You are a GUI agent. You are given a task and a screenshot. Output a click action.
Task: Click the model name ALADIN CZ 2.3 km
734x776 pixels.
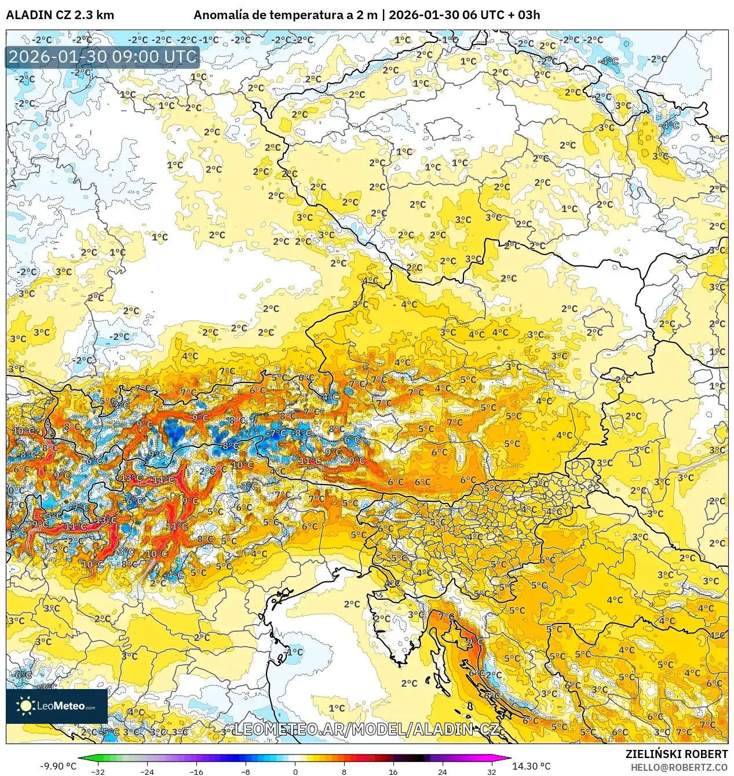60,15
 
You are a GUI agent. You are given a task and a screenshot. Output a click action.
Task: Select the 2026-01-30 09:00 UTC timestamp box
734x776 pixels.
103,57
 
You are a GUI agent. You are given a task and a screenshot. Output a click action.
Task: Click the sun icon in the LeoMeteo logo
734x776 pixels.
25,705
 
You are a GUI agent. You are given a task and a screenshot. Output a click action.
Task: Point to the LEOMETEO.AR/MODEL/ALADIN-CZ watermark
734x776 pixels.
366,729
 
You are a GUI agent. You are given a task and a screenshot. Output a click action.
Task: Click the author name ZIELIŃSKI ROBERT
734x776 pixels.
676,754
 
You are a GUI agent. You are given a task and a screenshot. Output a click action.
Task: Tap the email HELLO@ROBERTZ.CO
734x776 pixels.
679,767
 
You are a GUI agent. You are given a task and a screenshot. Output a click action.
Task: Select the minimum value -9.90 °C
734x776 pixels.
58,766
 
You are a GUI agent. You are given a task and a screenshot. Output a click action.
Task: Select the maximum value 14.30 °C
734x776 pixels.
531,766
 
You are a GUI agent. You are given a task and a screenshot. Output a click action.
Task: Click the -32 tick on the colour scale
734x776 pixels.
98,771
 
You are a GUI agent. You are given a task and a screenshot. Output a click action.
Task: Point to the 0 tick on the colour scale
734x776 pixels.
295,771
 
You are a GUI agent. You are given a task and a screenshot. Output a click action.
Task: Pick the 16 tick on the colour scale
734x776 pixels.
393,771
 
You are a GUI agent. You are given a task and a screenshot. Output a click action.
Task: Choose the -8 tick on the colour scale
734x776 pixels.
246,771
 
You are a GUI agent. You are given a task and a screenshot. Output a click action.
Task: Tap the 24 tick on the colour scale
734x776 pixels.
443,771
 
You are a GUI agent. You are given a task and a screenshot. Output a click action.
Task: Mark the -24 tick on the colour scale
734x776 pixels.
147,771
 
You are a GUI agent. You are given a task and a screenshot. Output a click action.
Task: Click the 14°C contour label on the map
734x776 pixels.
163,480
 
